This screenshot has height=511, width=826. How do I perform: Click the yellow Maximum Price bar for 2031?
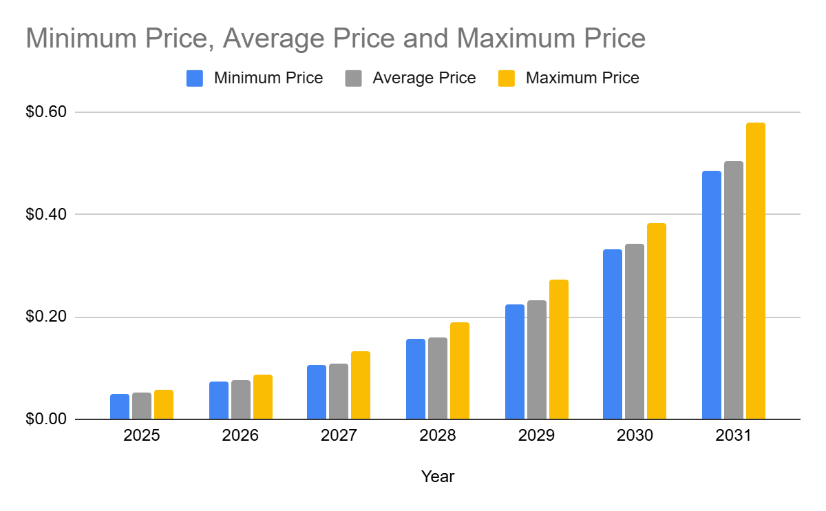click(755, 271)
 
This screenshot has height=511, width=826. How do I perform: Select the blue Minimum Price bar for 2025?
click(120, 407)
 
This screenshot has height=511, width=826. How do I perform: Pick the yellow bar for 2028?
click(459, 371)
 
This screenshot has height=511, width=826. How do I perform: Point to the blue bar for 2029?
click(514, 362)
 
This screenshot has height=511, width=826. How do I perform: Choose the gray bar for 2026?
click(240, 400)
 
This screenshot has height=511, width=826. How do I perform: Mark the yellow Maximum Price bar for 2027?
click(360, 386)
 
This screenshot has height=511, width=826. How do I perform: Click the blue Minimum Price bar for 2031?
click(711, 295)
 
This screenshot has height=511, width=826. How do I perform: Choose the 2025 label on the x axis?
click(142, 436)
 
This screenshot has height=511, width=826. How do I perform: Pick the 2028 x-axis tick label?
click(438, 436)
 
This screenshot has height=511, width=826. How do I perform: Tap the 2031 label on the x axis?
click(733, 436)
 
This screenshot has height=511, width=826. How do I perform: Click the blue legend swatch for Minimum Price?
click(195, 79)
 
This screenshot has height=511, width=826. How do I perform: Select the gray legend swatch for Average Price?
click(353, 79)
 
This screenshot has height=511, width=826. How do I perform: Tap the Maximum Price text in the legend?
click(582, 79)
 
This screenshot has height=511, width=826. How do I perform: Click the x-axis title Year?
click(438, 477)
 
